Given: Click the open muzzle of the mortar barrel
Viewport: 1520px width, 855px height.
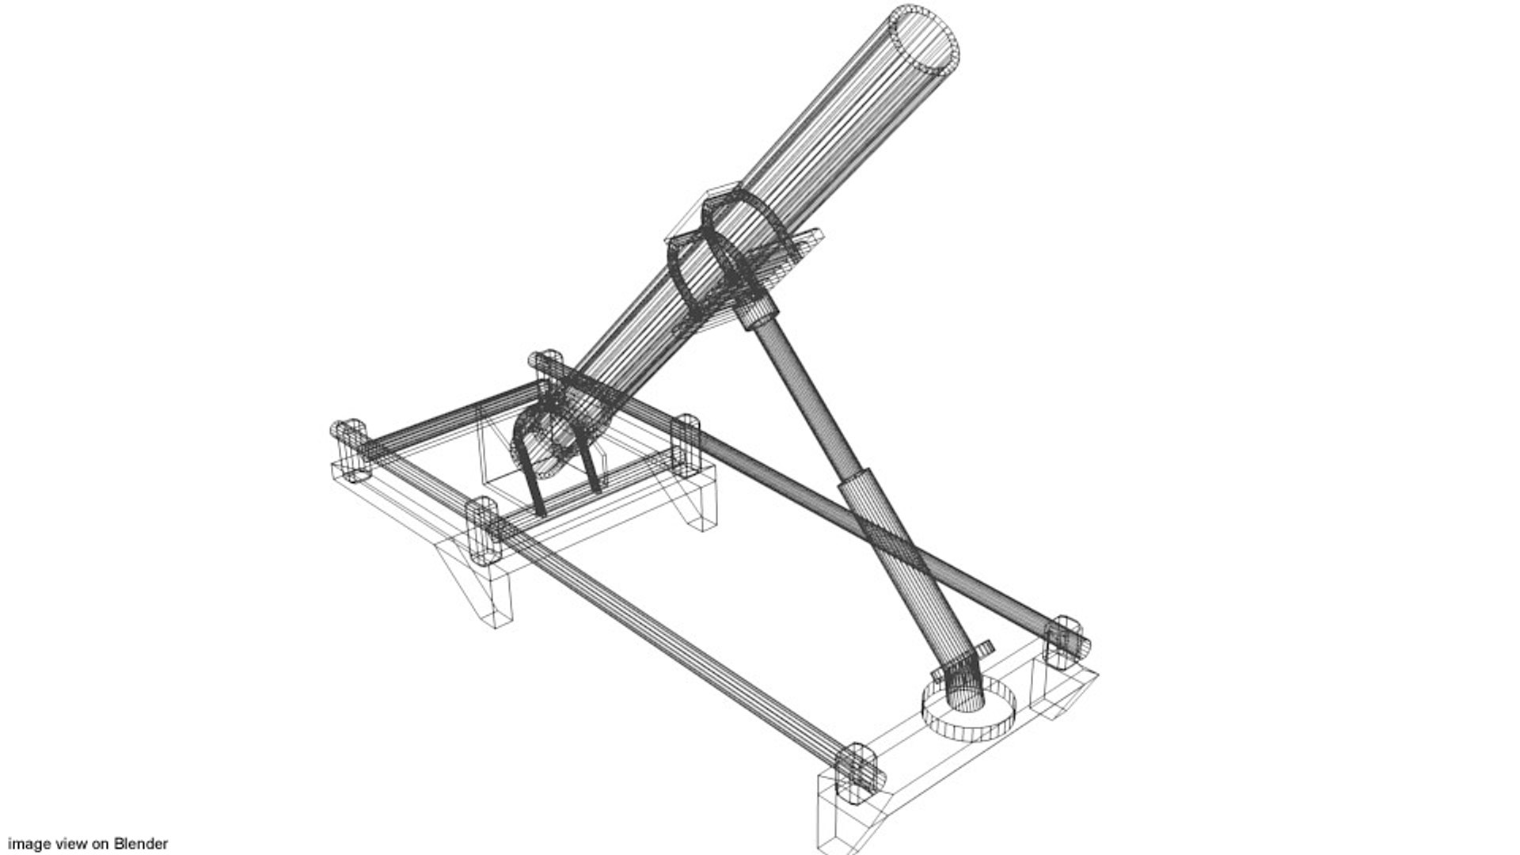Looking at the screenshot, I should pyautogui.click(x=925, y=40).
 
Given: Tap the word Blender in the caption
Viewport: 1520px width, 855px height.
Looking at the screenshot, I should pyautogui.click(x=140, y=844).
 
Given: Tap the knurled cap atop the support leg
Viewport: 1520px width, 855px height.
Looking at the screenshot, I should pyautogui.click(x=759, y=310).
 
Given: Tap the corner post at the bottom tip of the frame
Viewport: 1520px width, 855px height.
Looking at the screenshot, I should pyautogui.click(x=857, y=773).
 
